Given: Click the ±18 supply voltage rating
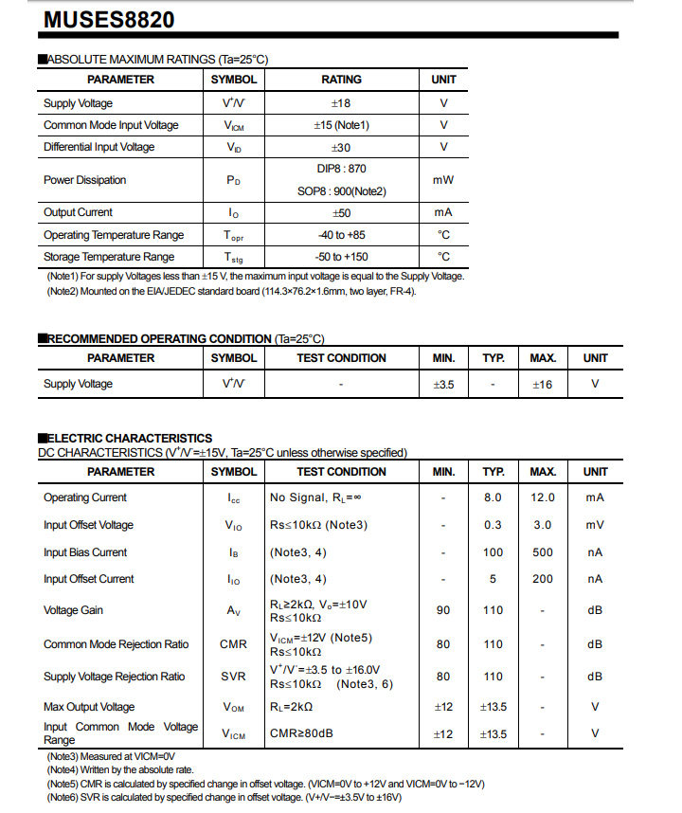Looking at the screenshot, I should (341, 103).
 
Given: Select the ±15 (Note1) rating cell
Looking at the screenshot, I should (341, 125).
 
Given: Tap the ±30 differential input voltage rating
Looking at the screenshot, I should (341, 147).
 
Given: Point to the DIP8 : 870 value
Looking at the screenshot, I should (341, 168).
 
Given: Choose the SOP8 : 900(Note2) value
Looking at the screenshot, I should (341, 191).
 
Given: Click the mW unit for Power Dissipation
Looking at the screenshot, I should (443, 180).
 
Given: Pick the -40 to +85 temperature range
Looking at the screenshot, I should (341, 235).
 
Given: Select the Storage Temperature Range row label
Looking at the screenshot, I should (109, 257).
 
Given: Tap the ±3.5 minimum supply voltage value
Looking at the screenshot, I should (443, 384).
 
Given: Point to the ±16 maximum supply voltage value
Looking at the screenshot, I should (542, 384).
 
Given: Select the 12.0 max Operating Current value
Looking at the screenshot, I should (543, 497).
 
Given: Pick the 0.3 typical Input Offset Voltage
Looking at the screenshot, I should (493, 525).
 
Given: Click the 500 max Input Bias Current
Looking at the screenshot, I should (543, 552).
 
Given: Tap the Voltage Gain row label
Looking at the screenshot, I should (73, 610).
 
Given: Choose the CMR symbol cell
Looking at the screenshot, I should (233, 644).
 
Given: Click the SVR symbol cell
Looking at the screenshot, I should (233, 677).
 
